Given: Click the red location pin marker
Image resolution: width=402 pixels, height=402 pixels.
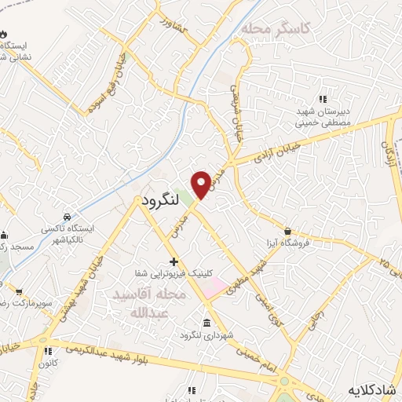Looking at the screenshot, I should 201,184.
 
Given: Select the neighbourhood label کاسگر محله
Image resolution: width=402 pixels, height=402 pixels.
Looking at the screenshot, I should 276,29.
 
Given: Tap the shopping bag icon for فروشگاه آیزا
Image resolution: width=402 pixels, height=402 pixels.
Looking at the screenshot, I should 290,232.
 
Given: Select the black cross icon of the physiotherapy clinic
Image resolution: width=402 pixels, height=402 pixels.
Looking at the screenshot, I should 174,261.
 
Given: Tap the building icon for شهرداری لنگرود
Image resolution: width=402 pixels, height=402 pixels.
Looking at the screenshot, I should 206,323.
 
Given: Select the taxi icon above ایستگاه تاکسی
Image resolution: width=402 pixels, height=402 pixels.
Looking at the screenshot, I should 68,216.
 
